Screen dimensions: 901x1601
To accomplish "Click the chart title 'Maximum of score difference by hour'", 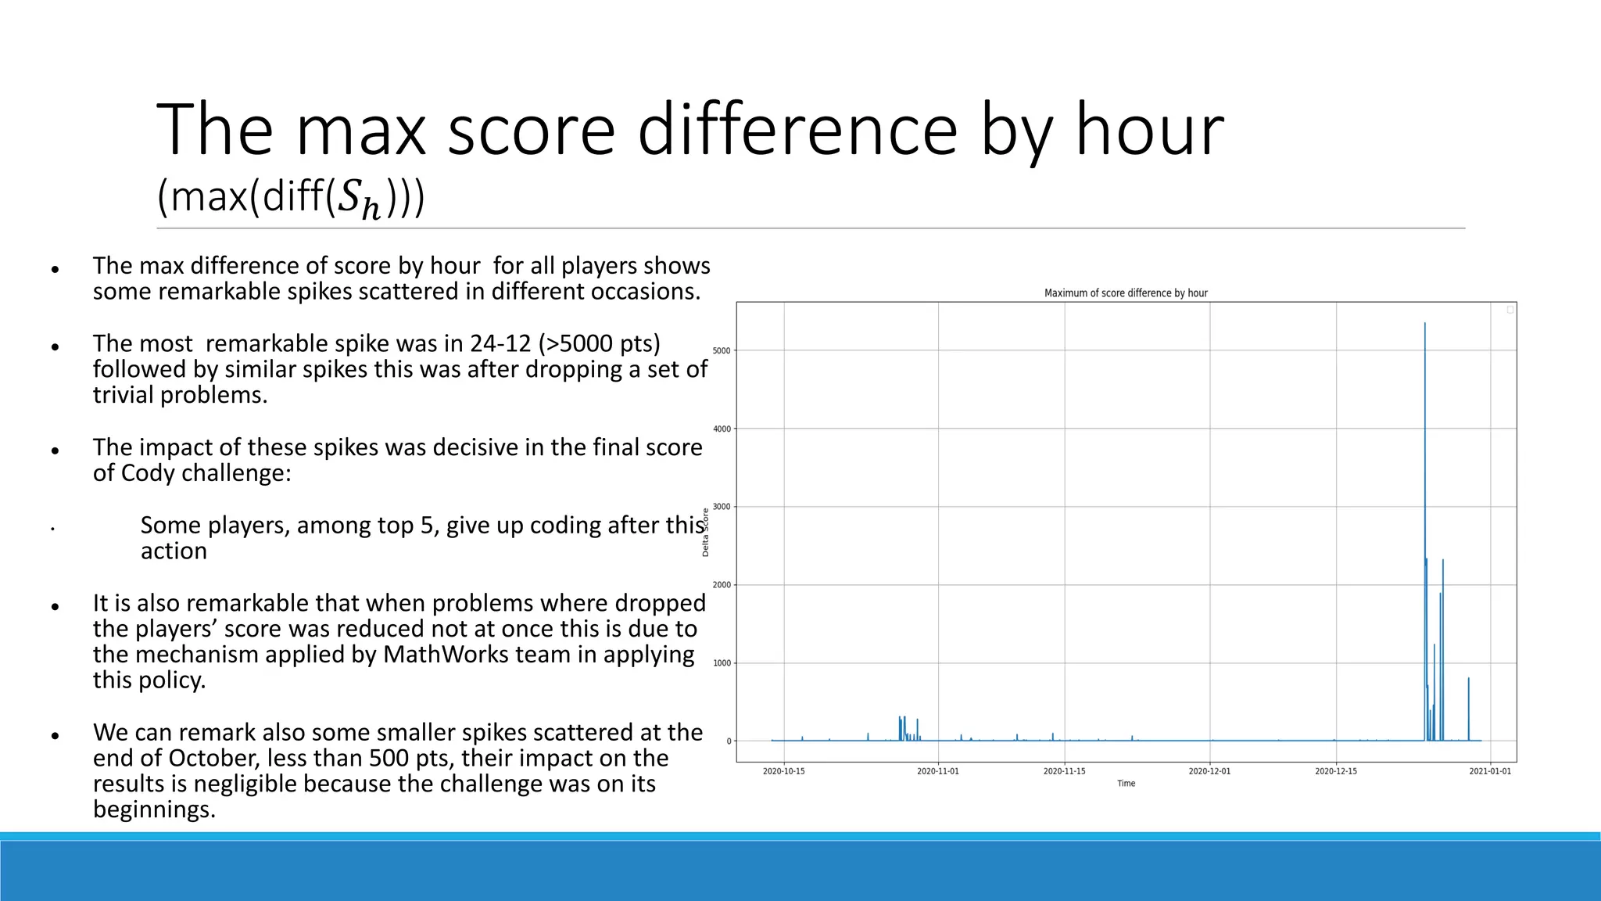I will tap(1126, 293).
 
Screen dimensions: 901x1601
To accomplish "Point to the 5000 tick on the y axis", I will tap(722, 350).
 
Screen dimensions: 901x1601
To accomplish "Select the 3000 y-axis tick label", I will tap(722, 507).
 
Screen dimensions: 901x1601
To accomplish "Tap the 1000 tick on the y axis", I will tap(722, 663).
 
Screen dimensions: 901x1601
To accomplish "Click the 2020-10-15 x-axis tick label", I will tap(783, 771).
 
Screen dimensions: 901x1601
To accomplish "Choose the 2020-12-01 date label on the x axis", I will tap(1209, 771).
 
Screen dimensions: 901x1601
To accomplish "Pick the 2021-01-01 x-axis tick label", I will tap(1490, 771).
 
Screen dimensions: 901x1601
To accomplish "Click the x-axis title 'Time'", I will tap(1126, 784).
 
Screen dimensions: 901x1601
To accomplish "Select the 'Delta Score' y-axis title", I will tap(705, 533).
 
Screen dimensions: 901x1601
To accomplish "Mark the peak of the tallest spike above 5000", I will tap(1424, 324).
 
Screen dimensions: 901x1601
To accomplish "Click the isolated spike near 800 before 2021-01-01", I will tap(1468, 679).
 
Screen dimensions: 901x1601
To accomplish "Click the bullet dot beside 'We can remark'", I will tap(55, 736).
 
